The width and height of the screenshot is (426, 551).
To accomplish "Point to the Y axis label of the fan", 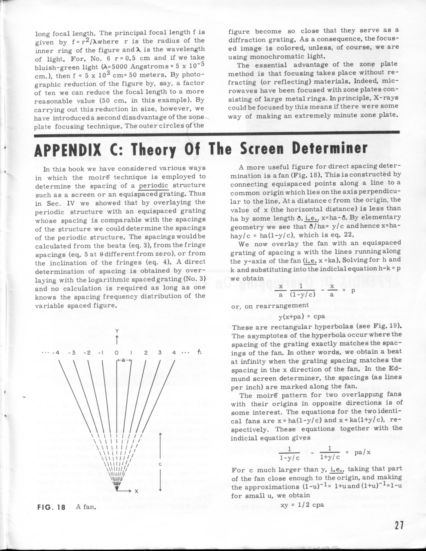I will pos(117,331).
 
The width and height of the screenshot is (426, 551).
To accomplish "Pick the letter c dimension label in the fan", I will pos(160,465).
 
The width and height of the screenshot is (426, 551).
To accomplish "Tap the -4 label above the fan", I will pos(57,352).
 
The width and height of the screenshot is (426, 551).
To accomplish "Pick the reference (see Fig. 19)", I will pos(377,326).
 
